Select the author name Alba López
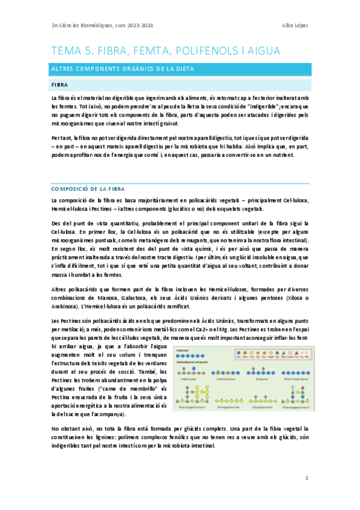click(294, 25)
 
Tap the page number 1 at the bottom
click(306, 478)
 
